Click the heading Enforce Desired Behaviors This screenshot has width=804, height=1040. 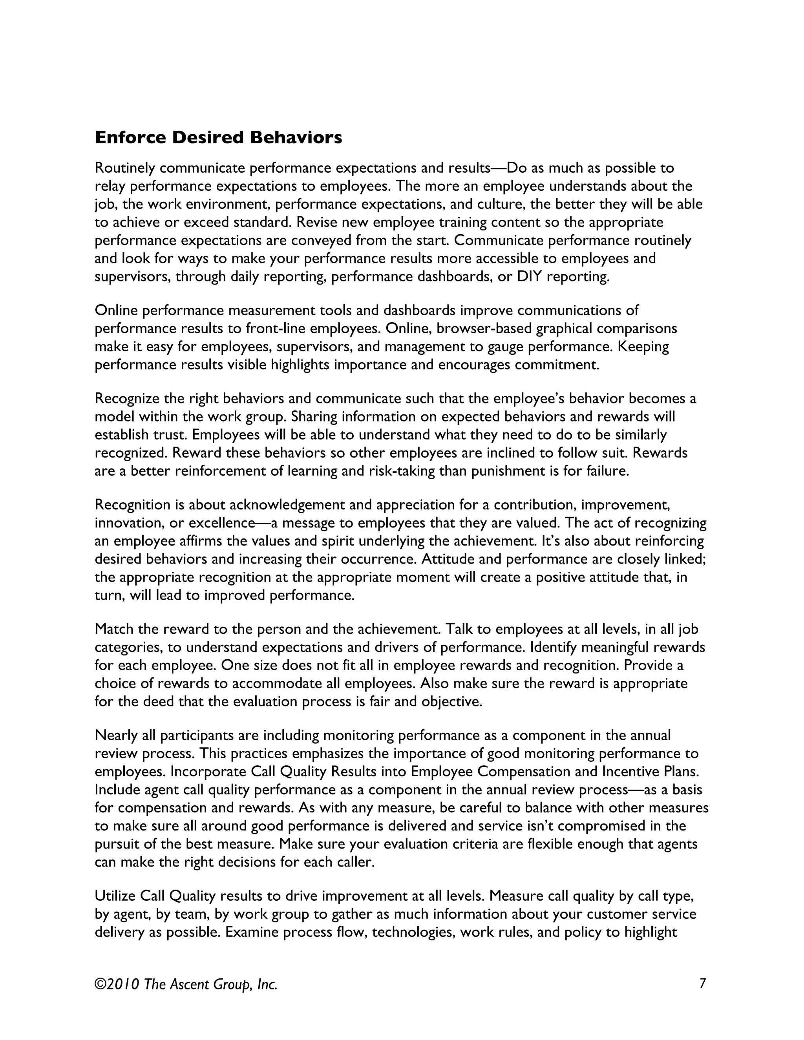tap(218, 138)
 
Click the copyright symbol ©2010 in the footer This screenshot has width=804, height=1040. tap(117, 984)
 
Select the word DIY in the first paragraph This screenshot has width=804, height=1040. tap(530, 277)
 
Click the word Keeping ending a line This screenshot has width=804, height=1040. tap(643, 347)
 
